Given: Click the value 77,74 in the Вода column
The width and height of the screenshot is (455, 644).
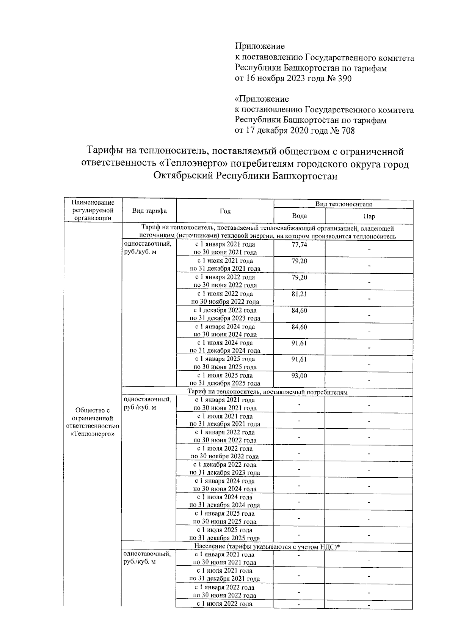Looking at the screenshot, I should (x=299, y=245).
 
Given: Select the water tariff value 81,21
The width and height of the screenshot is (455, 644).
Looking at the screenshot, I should (x=299, y=294).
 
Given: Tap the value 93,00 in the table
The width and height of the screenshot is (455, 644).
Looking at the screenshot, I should (x=299, y=376).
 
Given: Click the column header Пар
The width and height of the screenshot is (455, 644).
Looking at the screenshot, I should (x=369, y=216).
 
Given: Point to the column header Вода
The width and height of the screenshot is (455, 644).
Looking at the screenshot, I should (x=299, y=216).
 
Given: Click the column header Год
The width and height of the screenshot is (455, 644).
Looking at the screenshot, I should (x=225, y=211).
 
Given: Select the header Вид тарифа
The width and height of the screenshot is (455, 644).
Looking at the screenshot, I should (x=149, y=211).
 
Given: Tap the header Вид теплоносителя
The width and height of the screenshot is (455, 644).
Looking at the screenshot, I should (x=344, y=204).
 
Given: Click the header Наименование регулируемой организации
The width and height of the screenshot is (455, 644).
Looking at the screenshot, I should (x=93, y=210).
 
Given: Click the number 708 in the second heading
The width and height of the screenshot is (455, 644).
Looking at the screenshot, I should (x=347, y=131).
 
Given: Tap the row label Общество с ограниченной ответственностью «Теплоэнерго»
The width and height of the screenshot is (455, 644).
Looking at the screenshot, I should (x=93, y=422).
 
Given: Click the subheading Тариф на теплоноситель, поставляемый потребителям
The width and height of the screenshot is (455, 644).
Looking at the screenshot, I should (x=267, y=392).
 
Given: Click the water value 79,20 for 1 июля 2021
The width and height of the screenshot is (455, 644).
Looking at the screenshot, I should (x=299, y=261).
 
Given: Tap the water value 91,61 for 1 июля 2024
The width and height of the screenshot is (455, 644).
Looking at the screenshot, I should (x=299, y=343).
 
